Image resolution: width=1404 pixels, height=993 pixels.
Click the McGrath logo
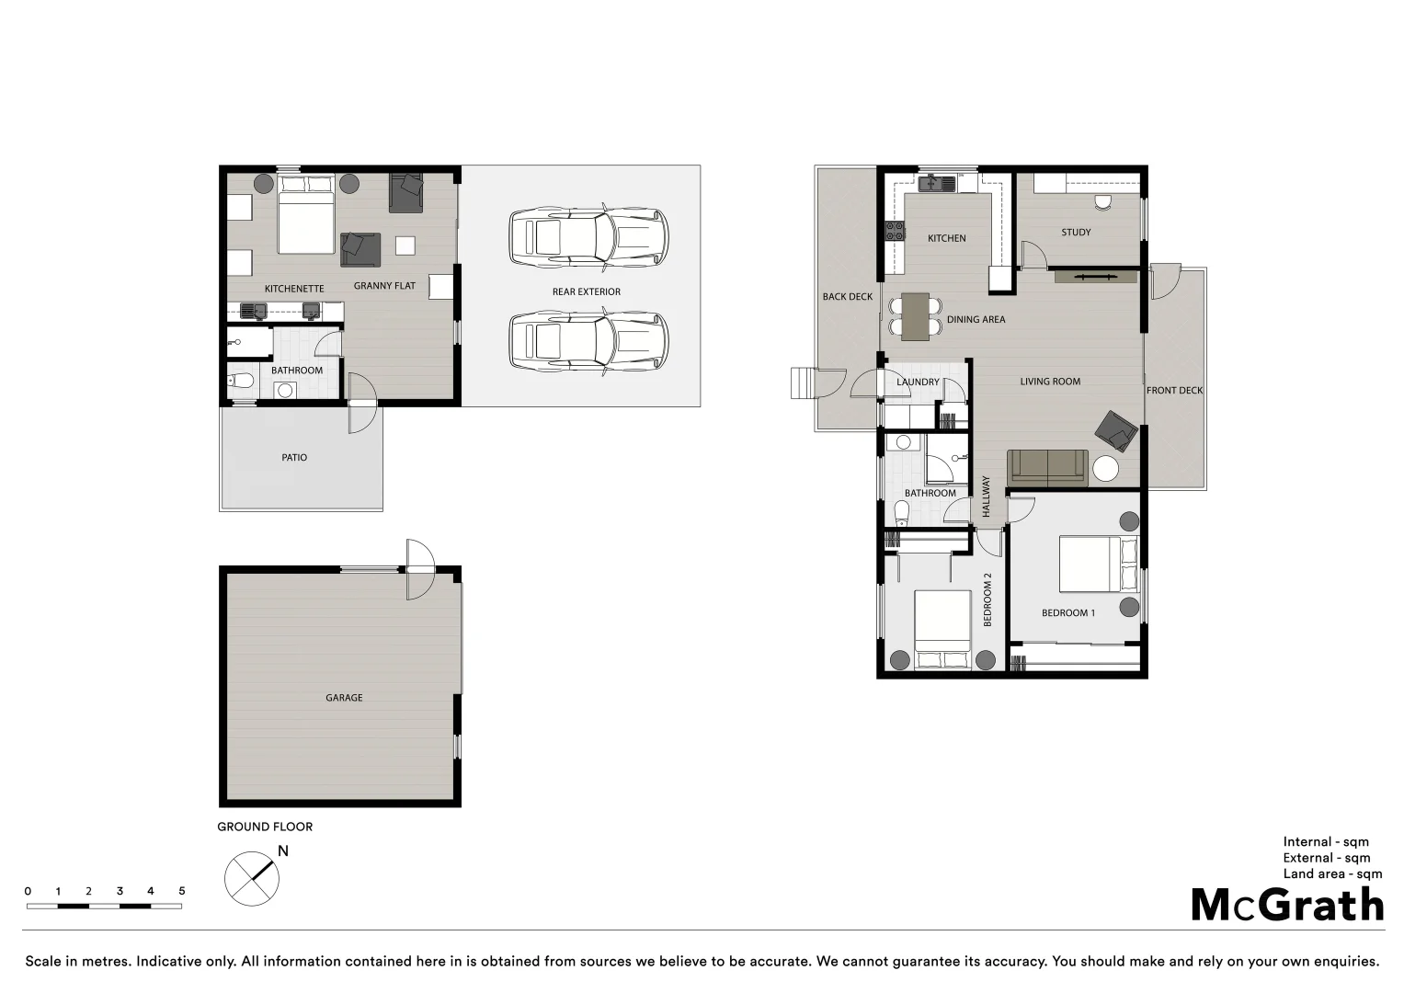[1287, 905]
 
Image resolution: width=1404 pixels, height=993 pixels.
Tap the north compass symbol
[252, 878]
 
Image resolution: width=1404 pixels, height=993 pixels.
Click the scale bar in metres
[104, 906]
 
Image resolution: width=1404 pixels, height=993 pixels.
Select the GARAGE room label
[344, 698]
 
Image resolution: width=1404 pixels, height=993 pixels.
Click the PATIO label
[294, 457]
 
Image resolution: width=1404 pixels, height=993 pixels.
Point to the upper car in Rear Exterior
[588, 237]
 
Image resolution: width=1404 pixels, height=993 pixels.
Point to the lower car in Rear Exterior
[588, 342]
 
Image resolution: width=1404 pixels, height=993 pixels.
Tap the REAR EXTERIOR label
[586, 291]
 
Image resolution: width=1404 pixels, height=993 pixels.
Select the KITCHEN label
[946, 238]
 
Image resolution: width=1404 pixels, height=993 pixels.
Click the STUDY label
[1076, 233]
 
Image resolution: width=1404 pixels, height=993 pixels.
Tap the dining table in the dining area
[915, 316]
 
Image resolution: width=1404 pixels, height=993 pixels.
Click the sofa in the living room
[1047, 467]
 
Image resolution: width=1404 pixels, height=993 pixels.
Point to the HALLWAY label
[986, 496]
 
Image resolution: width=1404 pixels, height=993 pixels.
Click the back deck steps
[804, 382]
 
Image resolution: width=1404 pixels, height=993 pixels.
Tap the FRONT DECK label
[1174, 391]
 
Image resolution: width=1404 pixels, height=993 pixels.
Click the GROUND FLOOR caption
[265, 827]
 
